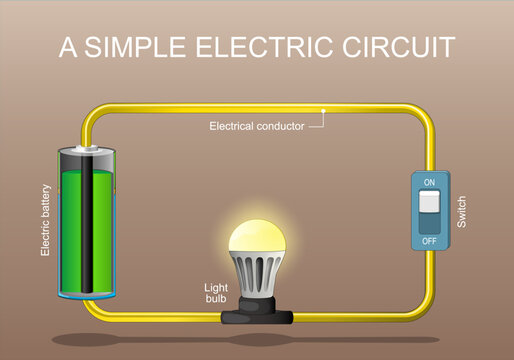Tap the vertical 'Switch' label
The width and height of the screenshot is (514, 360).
461,210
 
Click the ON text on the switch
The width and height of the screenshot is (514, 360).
430,182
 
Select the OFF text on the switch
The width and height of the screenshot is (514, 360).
430,240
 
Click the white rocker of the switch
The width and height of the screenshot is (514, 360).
430,202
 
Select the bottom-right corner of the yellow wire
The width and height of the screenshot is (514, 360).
427,312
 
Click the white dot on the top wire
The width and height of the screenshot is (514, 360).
325,108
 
